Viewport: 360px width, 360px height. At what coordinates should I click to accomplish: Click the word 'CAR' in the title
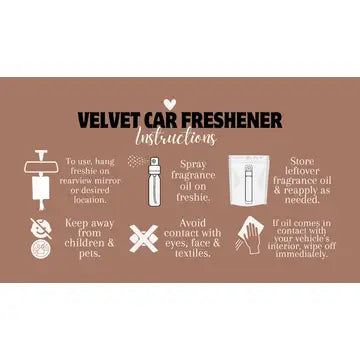[x=157, y=120]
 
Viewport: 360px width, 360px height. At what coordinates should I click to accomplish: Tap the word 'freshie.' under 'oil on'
[x=194, y=195]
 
